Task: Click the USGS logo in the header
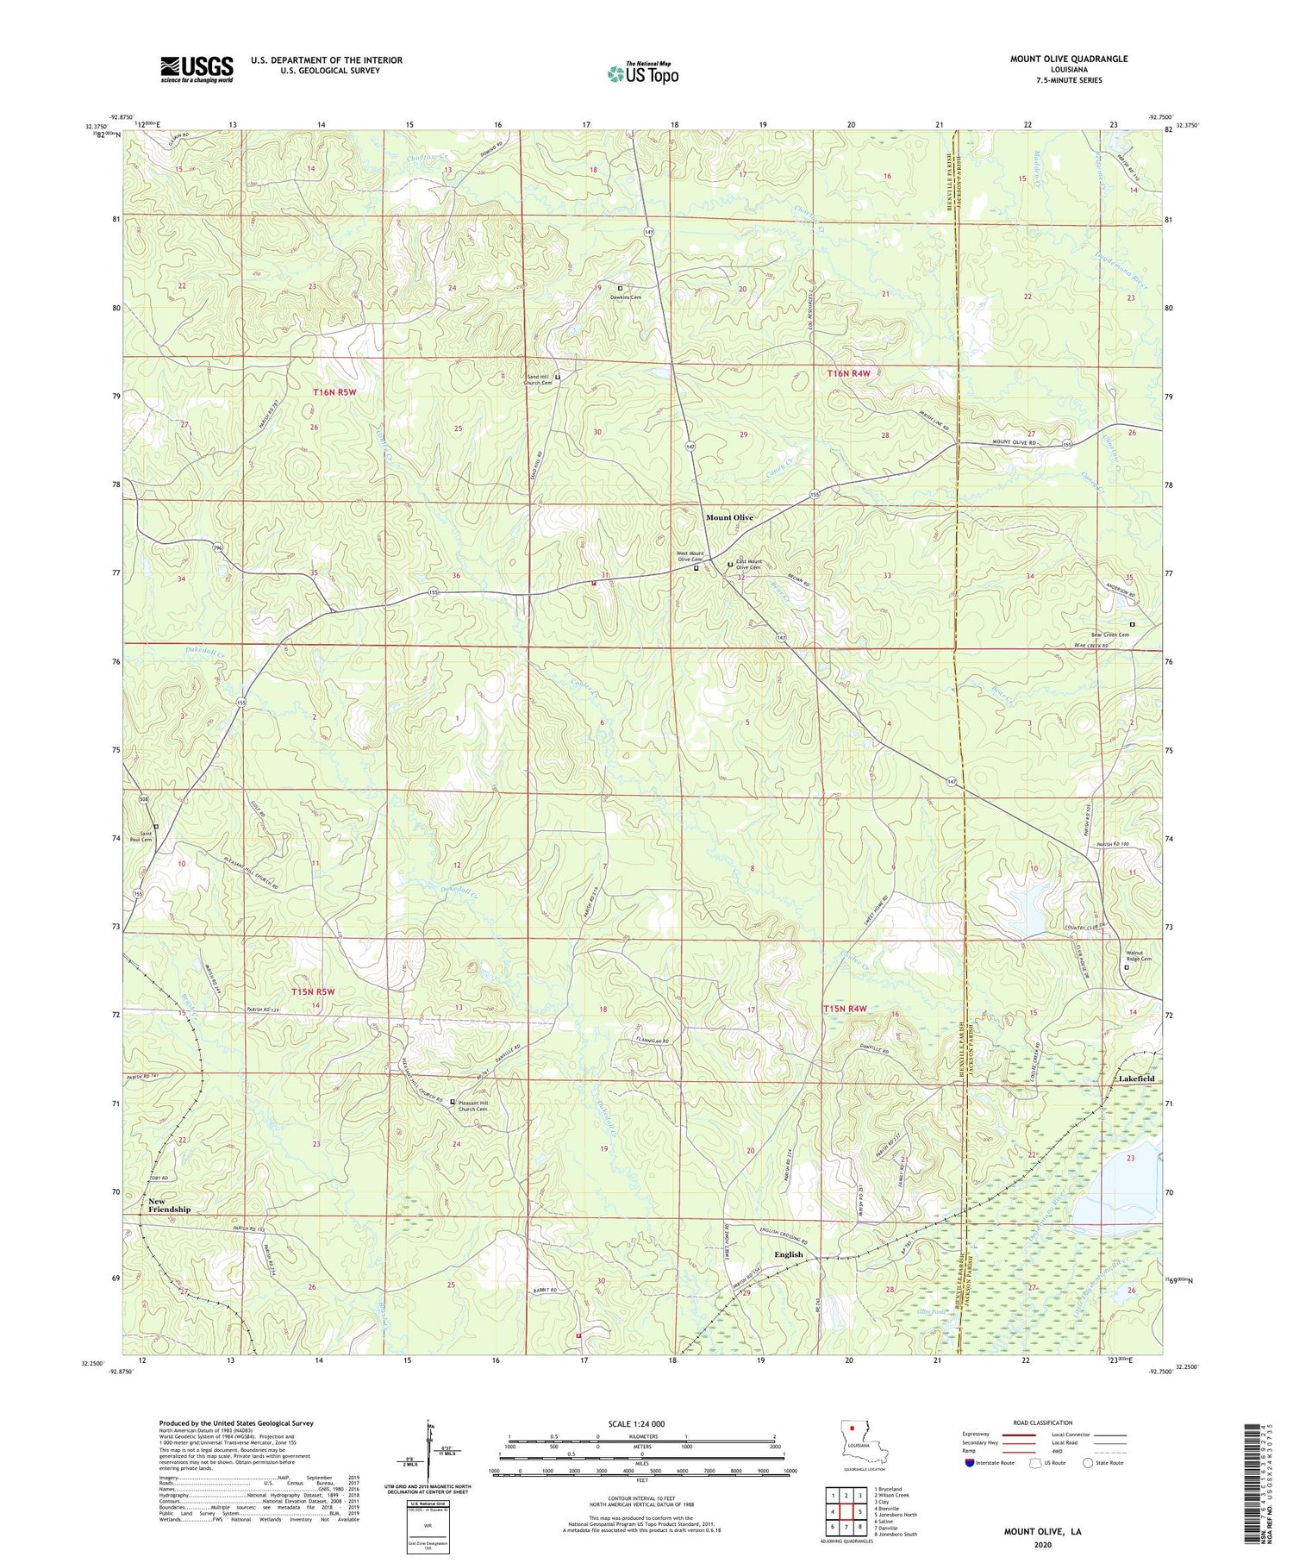tap(197, 69)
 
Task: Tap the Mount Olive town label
tap(729, 517)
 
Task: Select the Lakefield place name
tap(1135, 1078)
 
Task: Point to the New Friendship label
tap(169, 1205)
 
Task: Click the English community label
tap(788, 1254)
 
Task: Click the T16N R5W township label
tap(334, 392)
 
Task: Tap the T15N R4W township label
tap(845, 1009)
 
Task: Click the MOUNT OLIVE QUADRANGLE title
tap(1069, 59)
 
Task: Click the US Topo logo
tap(641, 74)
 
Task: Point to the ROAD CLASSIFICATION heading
tap(1042, 1422)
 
